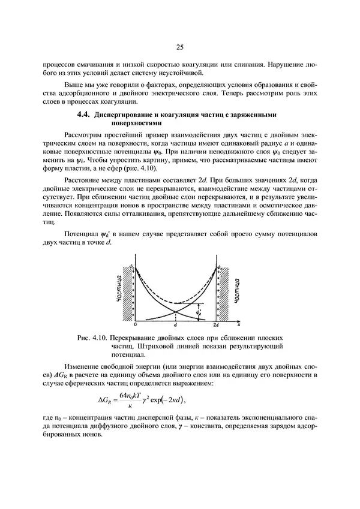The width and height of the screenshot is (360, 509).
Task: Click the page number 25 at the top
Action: pos(180,47)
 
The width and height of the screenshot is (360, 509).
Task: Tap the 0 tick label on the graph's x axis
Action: pos(136,324)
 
